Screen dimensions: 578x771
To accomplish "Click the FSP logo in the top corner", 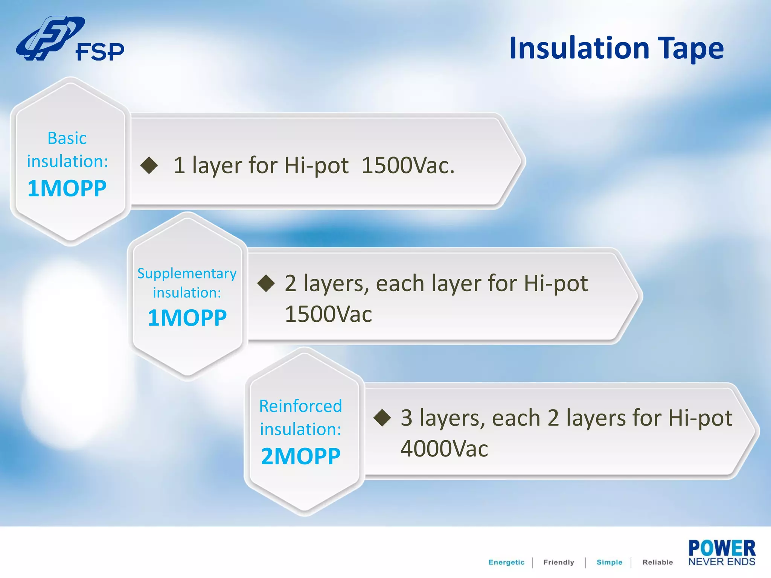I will pyautogui.click(x=70, y=39).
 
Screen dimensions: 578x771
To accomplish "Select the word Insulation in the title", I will pyautogui.click(x=579, y=48).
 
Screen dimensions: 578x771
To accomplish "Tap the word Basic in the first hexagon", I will pyautogui.click(x=67, y=138).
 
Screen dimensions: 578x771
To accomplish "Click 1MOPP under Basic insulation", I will pyautogui.click(x=67, y=188).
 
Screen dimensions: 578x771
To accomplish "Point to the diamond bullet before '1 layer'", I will pyautogui.click(x=149, y=165).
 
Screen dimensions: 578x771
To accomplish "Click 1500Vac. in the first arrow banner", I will pyautogui.click(x=408, y=165).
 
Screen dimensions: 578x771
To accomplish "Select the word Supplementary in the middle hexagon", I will pyautogui.click(x=187, y=274).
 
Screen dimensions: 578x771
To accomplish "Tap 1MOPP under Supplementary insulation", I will pyautogui.click(x=187, y=318).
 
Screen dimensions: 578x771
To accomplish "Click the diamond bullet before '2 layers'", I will pyautogui.click(x=266, y=283).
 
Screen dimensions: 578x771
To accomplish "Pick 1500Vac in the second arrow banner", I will pyautogui.click(x=328, y=314).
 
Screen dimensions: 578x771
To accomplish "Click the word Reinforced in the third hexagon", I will pyautogui.click(x=300, y=406).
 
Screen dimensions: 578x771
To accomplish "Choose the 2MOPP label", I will pyautogui.click(x=300, y=456).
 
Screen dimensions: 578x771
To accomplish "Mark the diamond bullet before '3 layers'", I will pyautogui.click(x=382, y=418).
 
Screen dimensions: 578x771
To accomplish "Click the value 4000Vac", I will pyautogui.click(x=444, y=449).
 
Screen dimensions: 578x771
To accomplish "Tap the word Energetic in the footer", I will pyautogui.click(x=506, y=562).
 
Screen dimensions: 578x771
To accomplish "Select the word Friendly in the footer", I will pyautogui.click(x=559, y=562).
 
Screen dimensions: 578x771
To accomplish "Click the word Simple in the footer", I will pyautogui.click(x=609, y=562).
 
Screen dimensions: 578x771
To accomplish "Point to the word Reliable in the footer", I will pyautogui.click(x=657, y=562).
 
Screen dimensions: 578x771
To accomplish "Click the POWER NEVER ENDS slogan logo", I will pyautogui.click(x=722, y=553).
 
